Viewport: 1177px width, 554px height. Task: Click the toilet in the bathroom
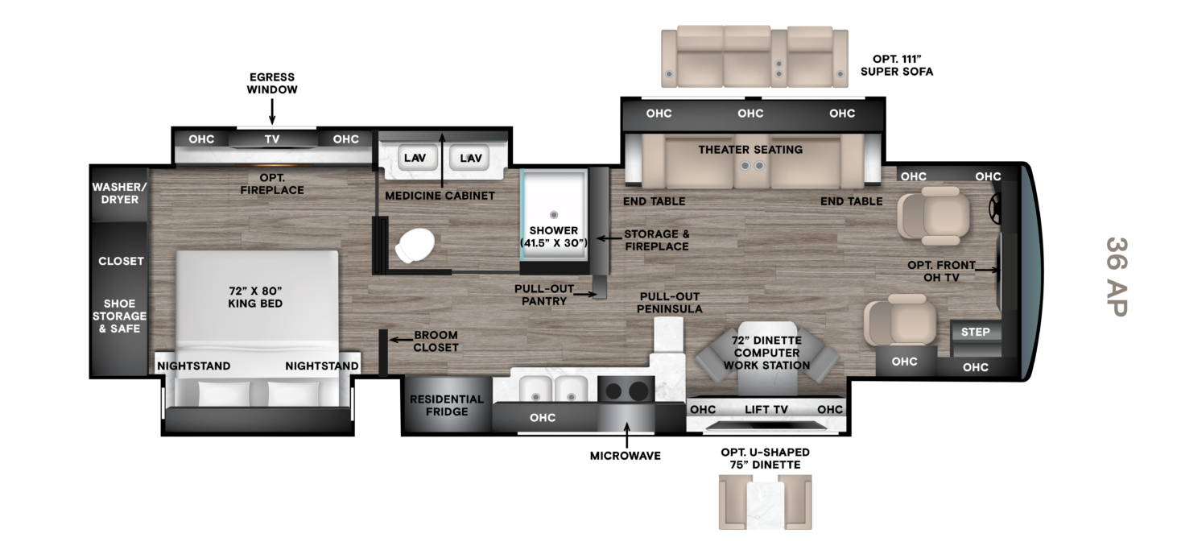coord(415,246)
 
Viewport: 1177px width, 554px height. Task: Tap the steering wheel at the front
coord(995,211)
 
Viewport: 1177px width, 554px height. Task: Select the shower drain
coord(553,214)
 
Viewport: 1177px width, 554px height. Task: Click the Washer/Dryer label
coord(120,193)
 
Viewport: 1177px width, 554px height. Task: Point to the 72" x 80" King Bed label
coord(255,297)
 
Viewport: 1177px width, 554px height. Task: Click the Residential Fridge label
coord(447,405)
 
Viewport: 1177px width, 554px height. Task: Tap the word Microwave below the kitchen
coord(626,456)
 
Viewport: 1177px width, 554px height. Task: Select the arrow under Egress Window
coord(272,111)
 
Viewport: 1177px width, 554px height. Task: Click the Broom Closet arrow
coord(400,340)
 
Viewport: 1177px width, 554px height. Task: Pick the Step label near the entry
coord(975,332)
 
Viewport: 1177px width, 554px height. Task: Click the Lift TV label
coord(766,409)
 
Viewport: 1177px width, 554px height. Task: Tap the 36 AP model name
coord(1117,277)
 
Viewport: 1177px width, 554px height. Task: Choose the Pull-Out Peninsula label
coord(670,303)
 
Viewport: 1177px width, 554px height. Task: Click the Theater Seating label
coord(750,150)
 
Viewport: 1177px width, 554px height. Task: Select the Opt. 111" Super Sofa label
coord(897,65)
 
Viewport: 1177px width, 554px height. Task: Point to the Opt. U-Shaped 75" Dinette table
coord(765,503)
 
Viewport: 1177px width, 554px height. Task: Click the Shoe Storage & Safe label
coord(119,316)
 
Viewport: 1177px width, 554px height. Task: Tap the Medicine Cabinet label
coord(440,196)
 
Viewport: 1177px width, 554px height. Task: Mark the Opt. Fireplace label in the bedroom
coord(272,184)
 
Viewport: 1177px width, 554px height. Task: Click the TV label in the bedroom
coord(272,139)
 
